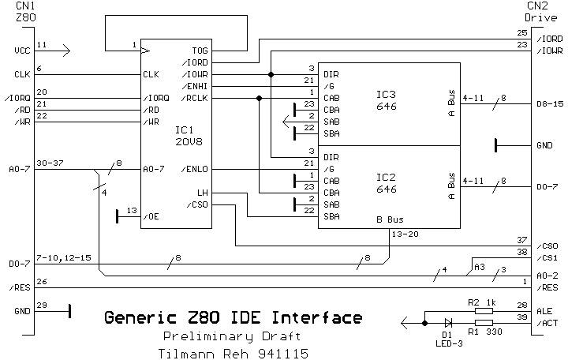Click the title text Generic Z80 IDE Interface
click(x=234, y=318)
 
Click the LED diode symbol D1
click(x=448, y=322)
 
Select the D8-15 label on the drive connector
click(x=549, y=103)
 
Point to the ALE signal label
click(x=544, y=312)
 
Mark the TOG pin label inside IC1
click(x=200, y=50)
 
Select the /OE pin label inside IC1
click(x=151, y=216)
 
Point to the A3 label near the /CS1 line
click(x=480, y=268)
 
